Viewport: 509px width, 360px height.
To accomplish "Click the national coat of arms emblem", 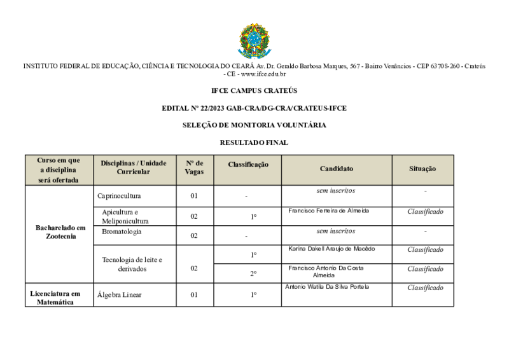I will pyautogui.click(x=254, y=41).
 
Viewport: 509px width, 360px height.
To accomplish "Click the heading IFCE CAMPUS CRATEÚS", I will pyautogui.click(x=254, y=91).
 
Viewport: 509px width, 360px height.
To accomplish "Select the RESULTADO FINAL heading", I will pyautogui.click(x=254, y=142).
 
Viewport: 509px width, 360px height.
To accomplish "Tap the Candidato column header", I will pyautogui.click(x=337, y=169).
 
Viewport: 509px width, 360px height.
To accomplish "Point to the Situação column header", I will pyautogui.click(x=422, y=169).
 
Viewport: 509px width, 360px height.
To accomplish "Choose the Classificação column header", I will pyautogui.click(x=248, y=164).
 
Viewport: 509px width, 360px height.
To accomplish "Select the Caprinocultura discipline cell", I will pyautogui.click(x=120, y=195).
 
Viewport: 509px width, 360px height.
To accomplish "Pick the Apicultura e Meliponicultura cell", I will pyautogui.click(x=125, y=216).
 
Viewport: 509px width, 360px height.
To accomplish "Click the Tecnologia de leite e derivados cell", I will pyautogui.click(x=132, y=264).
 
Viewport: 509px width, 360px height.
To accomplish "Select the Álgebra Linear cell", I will pyautogui.click(x=120, y=294).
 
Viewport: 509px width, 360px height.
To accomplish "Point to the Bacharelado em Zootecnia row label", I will pyautogui.click(x=60, y=232).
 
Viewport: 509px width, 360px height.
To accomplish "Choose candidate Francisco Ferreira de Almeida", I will pyautogui.click(x=328, y=210).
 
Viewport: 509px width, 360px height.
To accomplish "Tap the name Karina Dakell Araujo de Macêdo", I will pyautogui.click(x=331, y=248).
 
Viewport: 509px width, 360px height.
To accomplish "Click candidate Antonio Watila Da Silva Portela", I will pyautogui.click(x=328, y=286).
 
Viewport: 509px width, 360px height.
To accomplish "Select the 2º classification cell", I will pyautogui.click(x=253, y=273).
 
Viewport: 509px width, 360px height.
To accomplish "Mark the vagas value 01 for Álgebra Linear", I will pyautogui.click(x=194, y=294).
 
